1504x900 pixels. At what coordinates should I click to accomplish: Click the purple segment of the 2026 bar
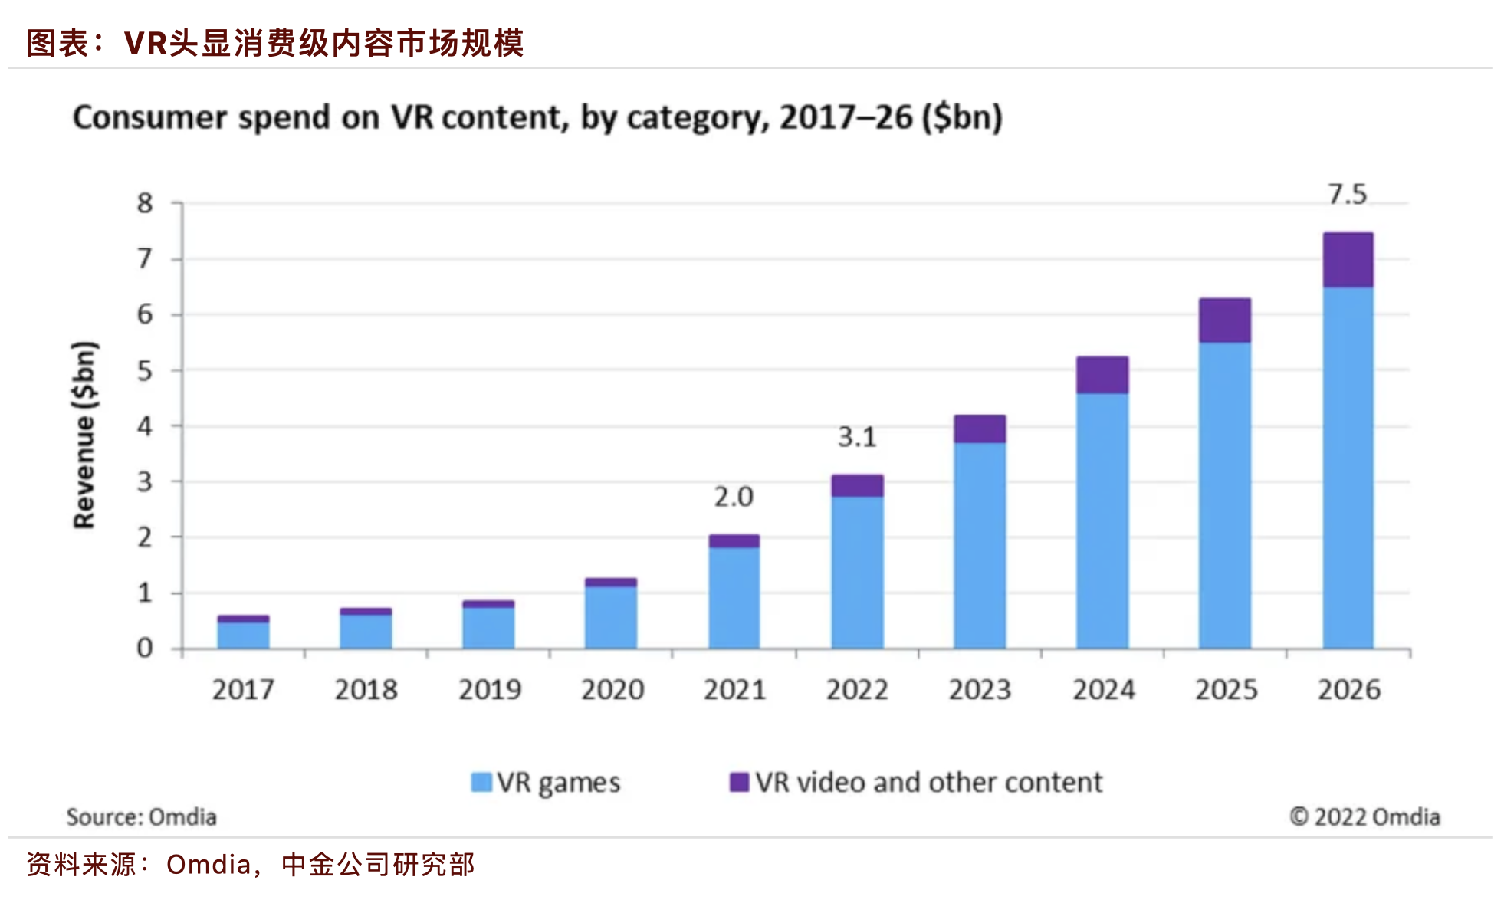(x=1348, y=260)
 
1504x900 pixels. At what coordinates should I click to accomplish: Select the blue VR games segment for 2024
(x=1102, y=521)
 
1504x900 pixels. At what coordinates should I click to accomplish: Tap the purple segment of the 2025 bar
(x=1224, y=320)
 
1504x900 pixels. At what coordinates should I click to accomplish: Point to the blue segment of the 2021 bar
(x=734, y=598)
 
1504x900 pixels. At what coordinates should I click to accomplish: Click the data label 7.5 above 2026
(x=1347, y=195)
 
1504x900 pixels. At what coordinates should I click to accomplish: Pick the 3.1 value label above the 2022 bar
(x=856, y=437)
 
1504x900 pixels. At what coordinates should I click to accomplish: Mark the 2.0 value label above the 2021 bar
(x=734, y=498)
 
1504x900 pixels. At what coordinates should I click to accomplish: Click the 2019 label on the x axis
(x=489, y=690)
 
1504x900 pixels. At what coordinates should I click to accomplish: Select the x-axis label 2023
(x=980, y=690)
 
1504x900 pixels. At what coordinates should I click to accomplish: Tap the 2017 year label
(x=243, y=690)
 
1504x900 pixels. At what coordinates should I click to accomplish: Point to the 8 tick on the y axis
(x=145, y=203)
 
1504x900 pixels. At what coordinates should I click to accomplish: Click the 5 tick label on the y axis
(x=145, y=371)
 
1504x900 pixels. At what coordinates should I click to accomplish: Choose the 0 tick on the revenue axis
(x=145, y=649)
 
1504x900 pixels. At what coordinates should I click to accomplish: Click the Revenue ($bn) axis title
(x=84, y=435)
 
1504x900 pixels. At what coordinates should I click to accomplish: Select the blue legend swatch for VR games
(x=481, y=782)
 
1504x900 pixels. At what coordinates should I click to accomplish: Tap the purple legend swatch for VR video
(x=738, y=782)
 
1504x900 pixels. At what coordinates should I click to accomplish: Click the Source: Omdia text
(x=141, y=817)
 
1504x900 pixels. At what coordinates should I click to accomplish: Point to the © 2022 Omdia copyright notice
(x=1364, y=817)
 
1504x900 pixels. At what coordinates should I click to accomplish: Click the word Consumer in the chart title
(x=149, y=118)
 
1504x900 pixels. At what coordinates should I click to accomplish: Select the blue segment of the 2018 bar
(x=366, y=632)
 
